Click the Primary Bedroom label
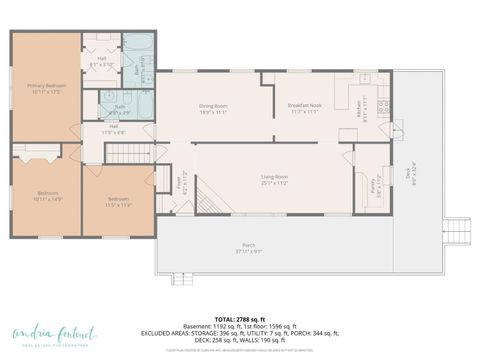coord(46,89)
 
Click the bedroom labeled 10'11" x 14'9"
coord(48,196)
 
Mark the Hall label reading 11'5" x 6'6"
coord(113,128)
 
